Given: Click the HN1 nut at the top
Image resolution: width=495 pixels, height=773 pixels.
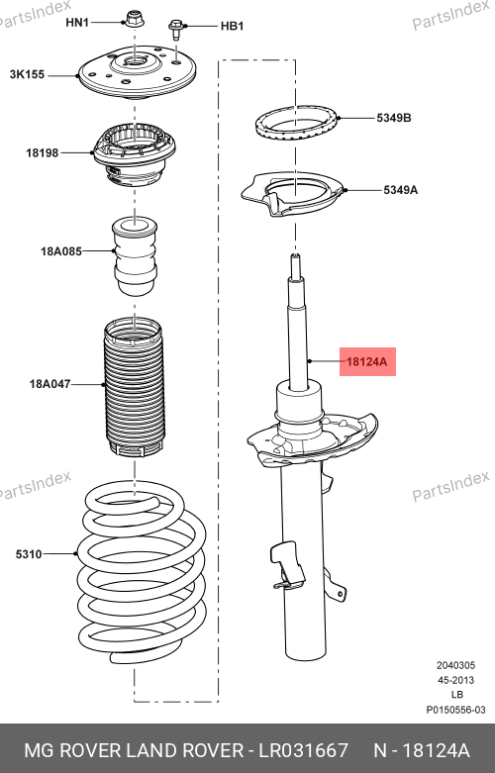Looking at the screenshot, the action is point(132,19).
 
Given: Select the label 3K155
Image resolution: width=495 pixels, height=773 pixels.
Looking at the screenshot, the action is point(27,74).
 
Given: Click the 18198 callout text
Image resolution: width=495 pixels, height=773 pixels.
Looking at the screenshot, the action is point(43,152).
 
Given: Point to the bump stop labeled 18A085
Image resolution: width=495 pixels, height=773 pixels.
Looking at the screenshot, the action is point(135,256).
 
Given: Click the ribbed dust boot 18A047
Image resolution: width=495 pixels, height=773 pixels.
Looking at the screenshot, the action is point(133,387).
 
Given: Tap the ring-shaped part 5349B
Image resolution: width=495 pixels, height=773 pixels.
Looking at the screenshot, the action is point(297,125).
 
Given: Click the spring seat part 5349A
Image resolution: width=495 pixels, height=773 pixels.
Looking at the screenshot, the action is point(293,195).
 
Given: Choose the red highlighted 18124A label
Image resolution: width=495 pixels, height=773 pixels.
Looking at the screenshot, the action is point(367,362).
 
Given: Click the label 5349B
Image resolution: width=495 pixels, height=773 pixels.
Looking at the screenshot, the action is point(394,118).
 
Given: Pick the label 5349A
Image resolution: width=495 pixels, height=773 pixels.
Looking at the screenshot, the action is point(400,190).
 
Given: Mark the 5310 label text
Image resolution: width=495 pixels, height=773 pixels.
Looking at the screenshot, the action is point(29,554).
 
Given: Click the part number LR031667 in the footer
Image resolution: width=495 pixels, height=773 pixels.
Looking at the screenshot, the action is point(304,750).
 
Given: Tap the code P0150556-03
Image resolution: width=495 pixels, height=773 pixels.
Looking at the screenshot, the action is point(456,710).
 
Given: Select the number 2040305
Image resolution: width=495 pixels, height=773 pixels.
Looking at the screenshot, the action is point(456,665).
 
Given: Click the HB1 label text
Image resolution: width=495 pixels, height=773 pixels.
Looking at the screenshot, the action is point(233,26).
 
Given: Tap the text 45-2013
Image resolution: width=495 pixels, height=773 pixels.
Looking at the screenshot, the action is point(456,680).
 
